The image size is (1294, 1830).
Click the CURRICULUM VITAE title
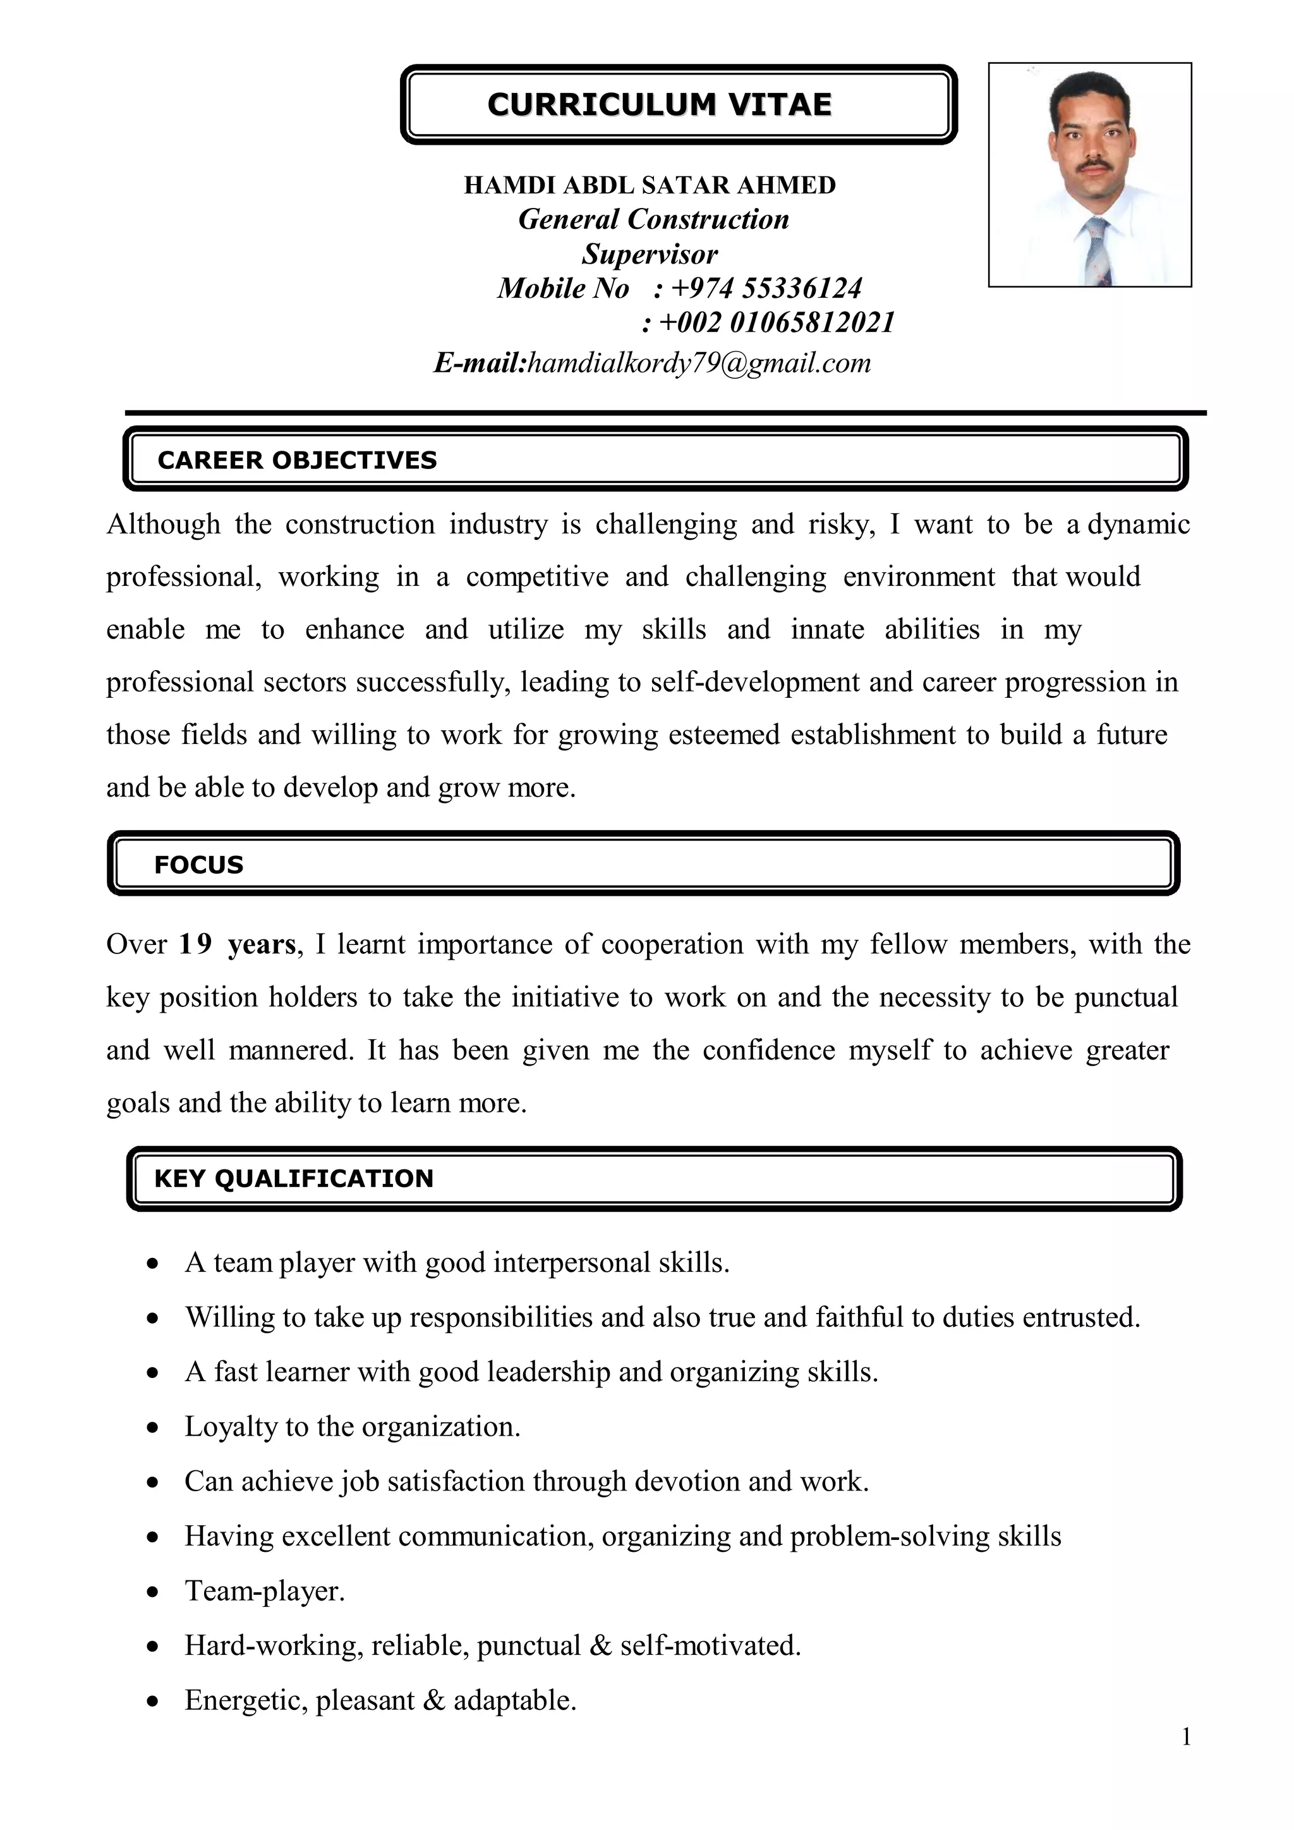click(659, 104)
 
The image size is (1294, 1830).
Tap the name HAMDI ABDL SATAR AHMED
click(650, 185)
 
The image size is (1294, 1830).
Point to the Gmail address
click(699, 363)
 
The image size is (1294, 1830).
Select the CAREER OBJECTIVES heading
click(296, 460)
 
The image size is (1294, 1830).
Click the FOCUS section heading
click(198, 865)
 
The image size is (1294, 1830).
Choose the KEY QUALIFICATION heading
click(293, 1178)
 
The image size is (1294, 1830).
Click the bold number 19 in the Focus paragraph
click(195, 944)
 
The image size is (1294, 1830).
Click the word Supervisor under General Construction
click(650, 254)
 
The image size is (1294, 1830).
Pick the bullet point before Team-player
click(153, 1592)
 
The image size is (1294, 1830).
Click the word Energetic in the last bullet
click(245, 1701)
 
